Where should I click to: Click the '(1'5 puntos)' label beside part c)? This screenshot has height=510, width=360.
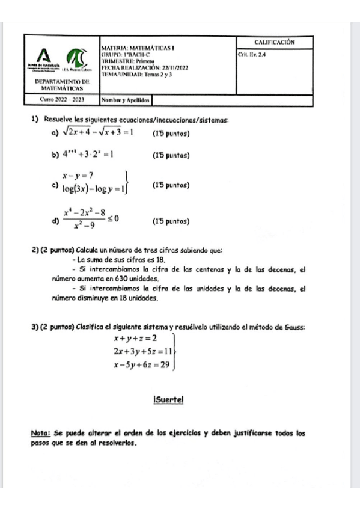[171, 185]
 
